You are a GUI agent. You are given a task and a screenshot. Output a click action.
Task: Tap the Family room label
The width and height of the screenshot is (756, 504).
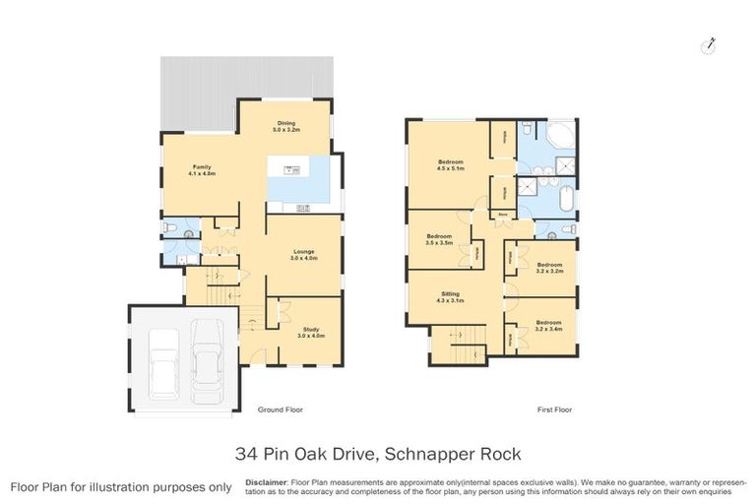(x=202, y=170)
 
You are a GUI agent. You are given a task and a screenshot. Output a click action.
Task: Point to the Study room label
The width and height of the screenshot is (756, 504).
(x=309, y=333)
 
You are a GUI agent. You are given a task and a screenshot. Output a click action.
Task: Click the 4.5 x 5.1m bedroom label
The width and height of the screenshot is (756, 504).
(x=451, y=165)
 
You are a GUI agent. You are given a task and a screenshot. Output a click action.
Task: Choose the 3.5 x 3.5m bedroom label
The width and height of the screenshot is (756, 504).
(x=439, y=239)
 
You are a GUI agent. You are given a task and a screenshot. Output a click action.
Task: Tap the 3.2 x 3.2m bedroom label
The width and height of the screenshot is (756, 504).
(x=549, y=267)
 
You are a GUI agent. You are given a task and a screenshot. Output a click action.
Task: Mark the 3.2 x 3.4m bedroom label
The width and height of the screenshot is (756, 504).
(x=549, y=325)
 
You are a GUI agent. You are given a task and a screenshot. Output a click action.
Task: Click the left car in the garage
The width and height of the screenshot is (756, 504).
(x=163, y=358)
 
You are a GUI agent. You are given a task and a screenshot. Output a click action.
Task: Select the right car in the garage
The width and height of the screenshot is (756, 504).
(x=207, y=354)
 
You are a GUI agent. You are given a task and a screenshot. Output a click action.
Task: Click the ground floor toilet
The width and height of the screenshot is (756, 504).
(x=169, y=228)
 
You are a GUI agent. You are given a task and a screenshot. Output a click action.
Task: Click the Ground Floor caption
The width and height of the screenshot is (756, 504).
(x=279, y=409)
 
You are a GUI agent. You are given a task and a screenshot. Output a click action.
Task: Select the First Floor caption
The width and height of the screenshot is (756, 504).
(x=554, y=409)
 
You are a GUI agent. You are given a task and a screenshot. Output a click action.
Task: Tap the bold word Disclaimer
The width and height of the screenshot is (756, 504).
(x=266, y=482)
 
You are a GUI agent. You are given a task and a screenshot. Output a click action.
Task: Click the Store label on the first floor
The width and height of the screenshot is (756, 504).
(x=502, y=213)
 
